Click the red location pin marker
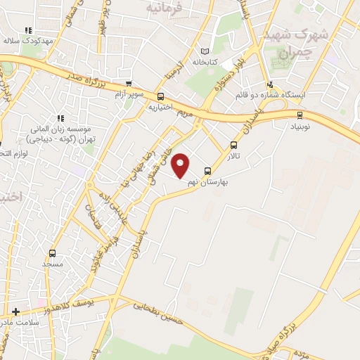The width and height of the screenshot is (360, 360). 181,166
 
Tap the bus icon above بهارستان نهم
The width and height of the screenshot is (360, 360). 207,171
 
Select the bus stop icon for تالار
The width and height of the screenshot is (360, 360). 233,144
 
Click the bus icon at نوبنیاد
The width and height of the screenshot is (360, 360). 300,115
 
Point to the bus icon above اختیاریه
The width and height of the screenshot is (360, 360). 161,97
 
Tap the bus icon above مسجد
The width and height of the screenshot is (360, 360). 52,253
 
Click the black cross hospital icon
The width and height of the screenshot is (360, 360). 15,311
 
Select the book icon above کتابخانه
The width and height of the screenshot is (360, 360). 205,51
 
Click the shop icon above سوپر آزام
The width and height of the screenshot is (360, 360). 128,84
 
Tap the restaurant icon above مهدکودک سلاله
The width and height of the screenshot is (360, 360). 28,30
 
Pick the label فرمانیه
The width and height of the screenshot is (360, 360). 163,8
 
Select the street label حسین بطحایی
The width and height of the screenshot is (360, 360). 159,306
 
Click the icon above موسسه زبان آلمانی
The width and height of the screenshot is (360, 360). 60,117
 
